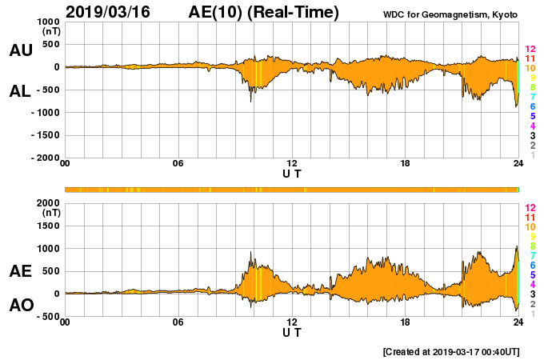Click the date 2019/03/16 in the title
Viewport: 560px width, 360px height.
112,12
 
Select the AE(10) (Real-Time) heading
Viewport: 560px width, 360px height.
263,12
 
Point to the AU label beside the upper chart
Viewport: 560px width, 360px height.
21,50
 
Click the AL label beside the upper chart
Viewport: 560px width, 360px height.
21,91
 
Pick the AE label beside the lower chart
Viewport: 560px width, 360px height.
21,271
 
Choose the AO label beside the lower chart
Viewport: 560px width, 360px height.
21,305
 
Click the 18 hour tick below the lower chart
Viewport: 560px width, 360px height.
405,322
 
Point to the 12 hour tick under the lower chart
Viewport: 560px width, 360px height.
292,322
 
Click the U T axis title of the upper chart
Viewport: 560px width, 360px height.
292,173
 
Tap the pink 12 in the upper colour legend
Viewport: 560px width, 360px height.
530,49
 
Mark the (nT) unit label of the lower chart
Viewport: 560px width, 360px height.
50,213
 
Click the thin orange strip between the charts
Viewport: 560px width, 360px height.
292,189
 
